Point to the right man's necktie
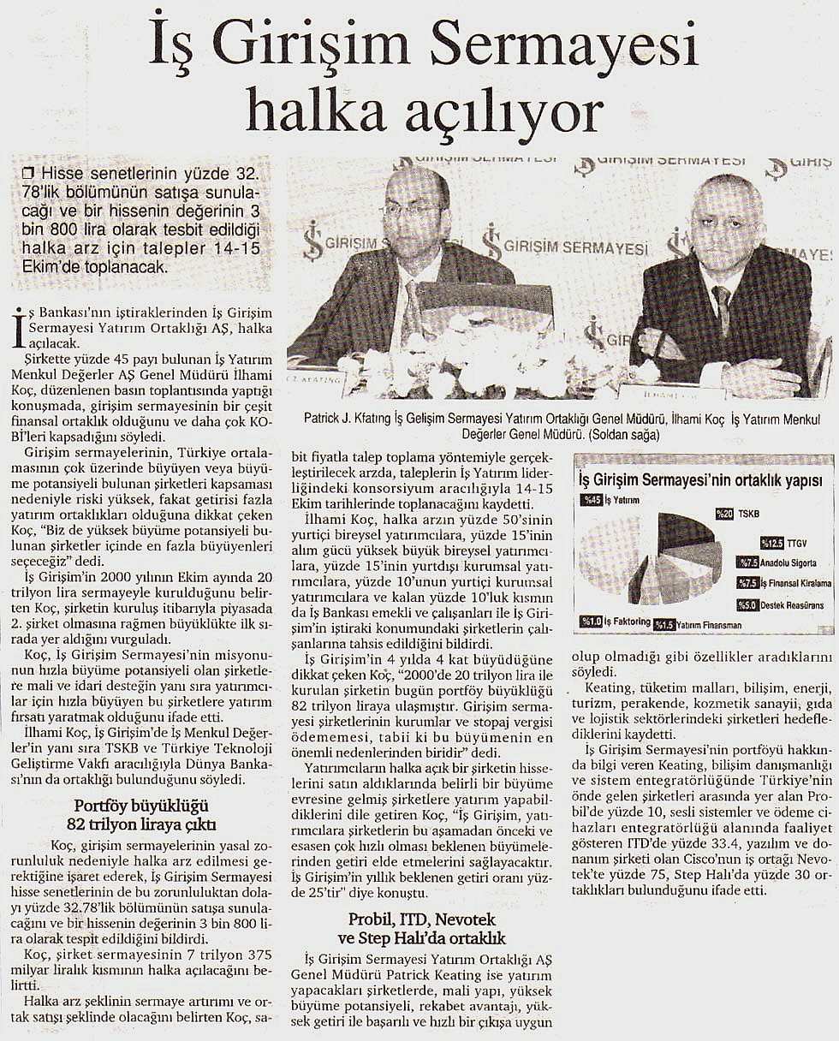click(721, 307)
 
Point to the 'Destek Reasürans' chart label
click(791, 605)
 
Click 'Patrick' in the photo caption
click(323, 419)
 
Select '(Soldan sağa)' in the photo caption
click(635, 434)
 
